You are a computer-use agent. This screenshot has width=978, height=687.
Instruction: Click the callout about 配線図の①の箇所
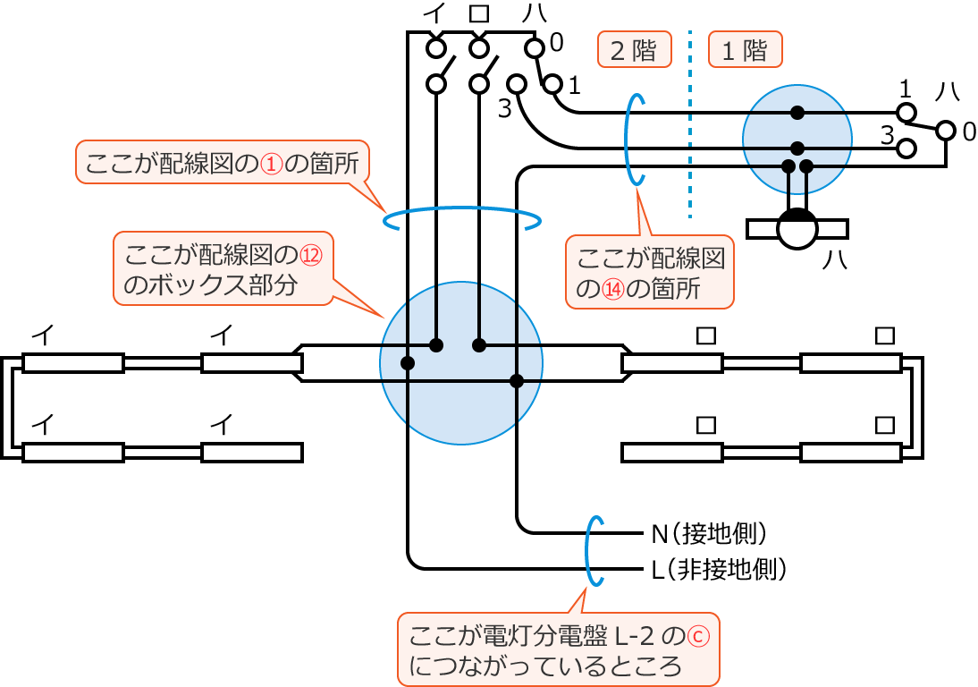pyautogui.click(x=224, y=163)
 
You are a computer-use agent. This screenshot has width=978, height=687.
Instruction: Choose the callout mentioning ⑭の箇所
pyautogui.click(x=650, y=272)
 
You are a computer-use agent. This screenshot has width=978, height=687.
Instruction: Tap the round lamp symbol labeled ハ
pyautogui.click(x=797, y=229)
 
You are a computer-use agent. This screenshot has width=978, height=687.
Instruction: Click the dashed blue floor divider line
pyautogui.click(x=690, y=125)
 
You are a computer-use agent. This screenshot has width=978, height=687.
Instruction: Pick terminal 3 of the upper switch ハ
pyautogui.click(x=517, y=83)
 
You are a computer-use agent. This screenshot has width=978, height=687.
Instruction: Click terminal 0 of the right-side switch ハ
pyautogui.click(x=946, y=131)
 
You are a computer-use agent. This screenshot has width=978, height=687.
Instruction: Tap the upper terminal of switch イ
pyautogui.click(x=435, y=47)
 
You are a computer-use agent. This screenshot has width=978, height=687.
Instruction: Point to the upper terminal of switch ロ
pyautogui.click(x=480, y=47)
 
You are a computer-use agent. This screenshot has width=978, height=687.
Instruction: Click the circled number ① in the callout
pyautogui.click(x=270, y=164)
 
